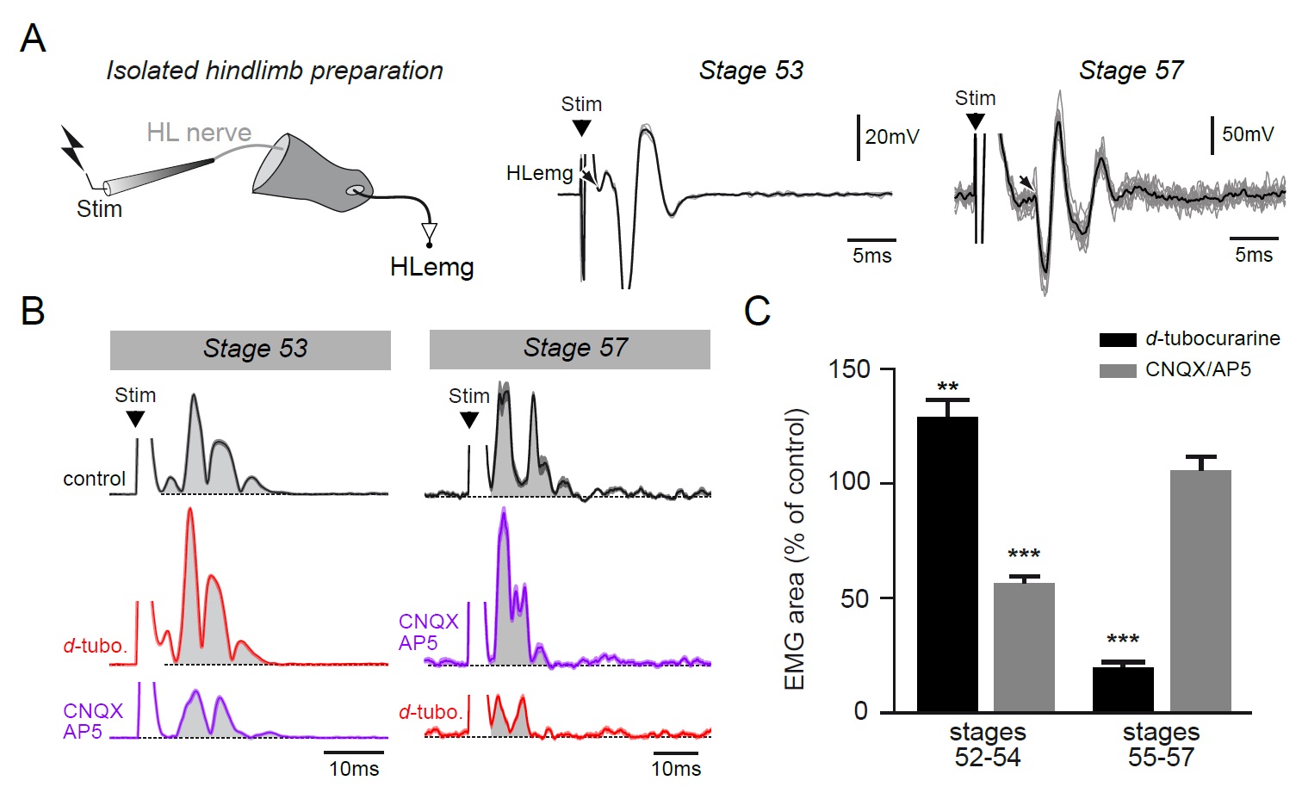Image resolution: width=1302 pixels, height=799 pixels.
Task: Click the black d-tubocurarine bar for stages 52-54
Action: click(947, 564)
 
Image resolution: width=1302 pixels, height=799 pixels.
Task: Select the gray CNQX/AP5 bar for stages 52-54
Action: click(1024, 647)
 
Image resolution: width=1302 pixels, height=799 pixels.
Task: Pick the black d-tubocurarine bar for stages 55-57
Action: click(1123, 690)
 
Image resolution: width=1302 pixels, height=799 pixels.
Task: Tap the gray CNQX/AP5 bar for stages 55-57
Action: click(1200, 591)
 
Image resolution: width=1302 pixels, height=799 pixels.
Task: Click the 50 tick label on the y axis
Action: click(855, 598)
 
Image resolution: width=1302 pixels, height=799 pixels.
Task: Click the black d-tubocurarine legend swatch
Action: click(1118, 339)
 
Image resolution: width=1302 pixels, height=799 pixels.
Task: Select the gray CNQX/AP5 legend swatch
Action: click(1118, 370)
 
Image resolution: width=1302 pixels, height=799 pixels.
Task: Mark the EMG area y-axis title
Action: click(795, 549)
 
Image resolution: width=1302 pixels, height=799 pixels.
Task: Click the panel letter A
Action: click(33, 39)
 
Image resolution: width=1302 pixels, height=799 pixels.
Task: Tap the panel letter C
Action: click(757, 311)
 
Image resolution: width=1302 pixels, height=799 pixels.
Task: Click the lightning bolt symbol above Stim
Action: click(72, 148)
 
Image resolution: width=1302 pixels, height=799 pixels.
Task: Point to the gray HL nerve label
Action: click(199, 133)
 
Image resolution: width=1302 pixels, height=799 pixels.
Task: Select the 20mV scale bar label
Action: click(892, 137)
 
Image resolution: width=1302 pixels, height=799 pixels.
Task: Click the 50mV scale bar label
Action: click(1248, 134)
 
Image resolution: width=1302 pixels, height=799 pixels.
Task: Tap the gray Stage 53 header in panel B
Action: click(250, 350)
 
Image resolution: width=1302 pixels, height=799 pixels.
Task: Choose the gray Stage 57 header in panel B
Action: click(570, 349)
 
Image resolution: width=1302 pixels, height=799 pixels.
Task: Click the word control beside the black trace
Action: click(94, 479)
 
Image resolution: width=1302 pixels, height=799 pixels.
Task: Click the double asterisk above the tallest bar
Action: click(947, 387)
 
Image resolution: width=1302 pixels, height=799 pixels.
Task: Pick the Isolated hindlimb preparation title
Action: click(275, 71)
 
